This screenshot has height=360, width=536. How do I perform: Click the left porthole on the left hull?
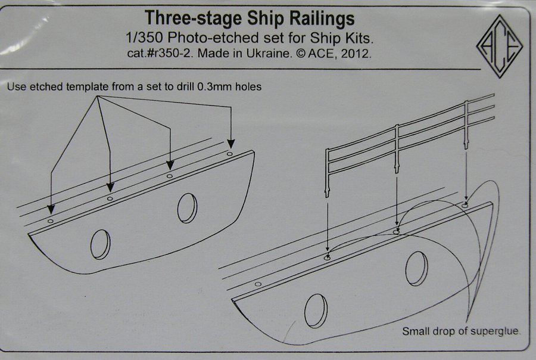click(101, 244)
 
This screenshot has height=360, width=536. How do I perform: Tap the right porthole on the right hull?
click(416, 267)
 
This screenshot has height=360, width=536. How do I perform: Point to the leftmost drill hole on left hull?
click(51, 221)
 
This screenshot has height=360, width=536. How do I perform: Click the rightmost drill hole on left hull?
click(229, 153)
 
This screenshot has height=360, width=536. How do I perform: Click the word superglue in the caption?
click(494, 331)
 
